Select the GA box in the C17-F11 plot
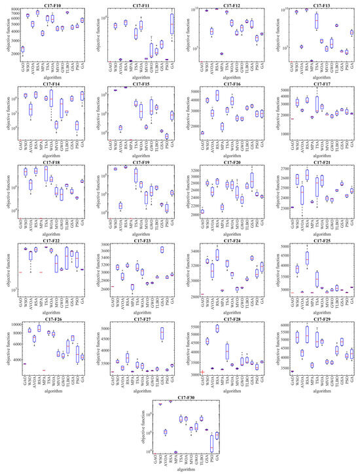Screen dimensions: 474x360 click(172, 26)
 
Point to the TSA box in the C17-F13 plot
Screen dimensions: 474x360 click(316, 21)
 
